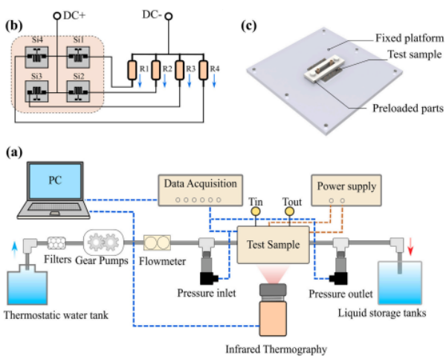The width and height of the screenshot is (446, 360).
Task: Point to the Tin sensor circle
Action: [x=256, y=211]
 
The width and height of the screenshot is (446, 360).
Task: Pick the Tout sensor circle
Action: [x=288, y=211]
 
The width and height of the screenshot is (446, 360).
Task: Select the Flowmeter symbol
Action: [x=157, y=243]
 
